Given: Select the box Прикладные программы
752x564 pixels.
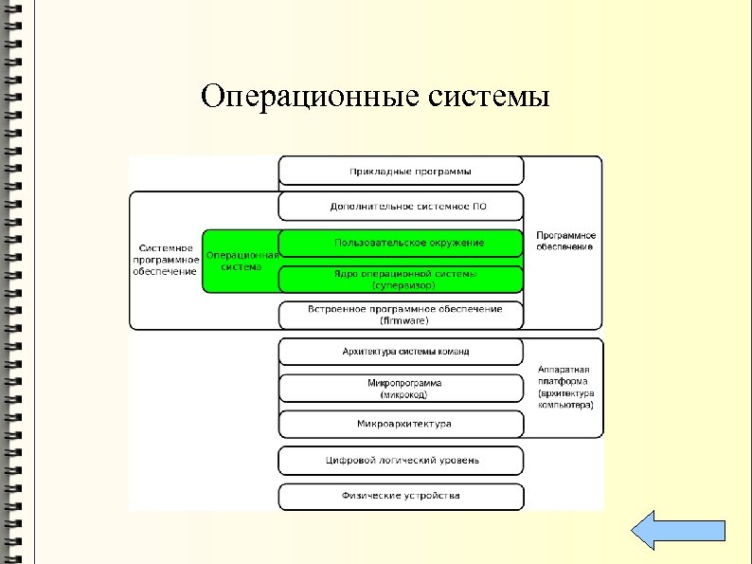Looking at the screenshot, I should pos(401,171).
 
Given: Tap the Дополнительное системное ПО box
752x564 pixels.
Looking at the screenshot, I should pos(401,206).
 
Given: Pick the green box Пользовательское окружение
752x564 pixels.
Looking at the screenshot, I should pos(401,243).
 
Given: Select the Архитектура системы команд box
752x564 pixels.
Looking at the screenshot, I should pos(401,352).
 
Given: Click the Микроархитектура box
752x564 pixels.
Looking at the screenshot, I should pos(401,424).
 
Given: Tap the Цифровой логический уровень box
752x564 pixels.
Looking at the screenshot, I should pos(401,460).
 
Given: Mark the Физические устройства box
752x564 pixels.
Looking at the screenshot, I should pos(401,496).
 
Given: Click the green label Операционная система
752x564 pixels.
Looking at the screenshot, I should pos(242,261).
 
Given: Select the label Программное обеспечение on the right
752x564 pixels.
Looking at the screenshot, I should pos(564,241).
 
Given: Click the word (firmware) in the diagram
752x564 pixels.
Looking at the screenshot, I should pos(405,320).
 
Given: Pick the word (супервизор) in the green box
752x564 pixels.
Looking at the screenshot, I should pos(405,284).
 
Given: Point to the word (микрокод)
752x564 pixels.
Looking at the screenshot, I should pos(405,393).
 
